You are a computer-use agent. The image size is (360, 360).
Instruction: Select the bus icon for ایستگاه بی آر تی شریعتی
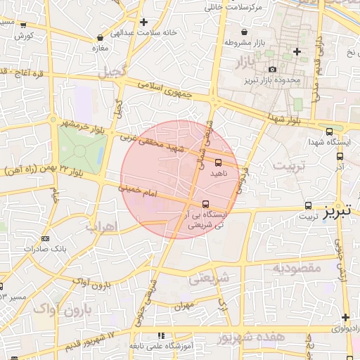(x=205, y=205)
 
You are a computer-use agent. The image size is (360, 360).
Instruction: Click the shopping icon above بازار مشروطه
(x=244, y=32)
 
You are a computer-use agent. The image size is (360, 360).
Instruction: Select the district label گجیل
(x=115, y=72)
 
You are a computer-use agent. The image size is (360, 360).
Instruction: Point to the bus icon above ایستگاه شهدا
(x=330, y=131)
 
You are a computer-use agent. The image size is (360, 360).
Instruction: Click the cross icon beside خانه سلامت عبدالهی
(x=143, y=22)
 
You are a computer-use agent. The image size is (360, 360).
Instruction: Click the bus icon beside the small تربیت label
(x=309, y=205)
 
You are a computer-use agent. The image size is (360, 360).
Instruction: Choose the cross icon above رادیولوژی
(x=345, y=317)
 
